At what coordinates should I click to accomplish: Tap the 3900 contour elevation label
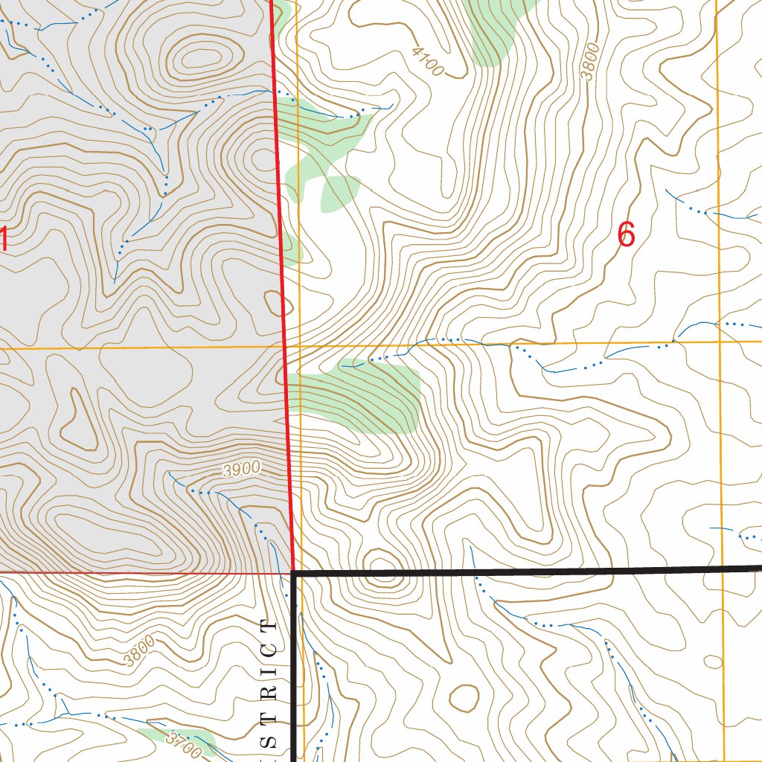click(x=242, y=469)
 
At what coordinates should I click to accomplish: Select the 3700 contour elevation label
click(x=183, y=745)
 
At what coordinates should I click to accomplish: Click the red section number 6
click(x=626, y=235)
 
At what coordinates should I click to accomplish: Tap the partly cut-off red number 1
click(x=3, y=240)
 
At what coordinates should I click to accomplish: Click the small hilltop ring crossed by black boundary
click(x=380, y=566)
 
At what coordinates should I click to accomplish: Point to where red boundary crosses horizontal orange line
click(x=286, y=347)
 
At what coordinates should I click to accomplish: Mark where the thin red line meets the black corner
click(x=291, y=574)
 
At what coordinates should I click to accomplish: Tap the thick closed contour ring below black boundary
click(x=465, y=698)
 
